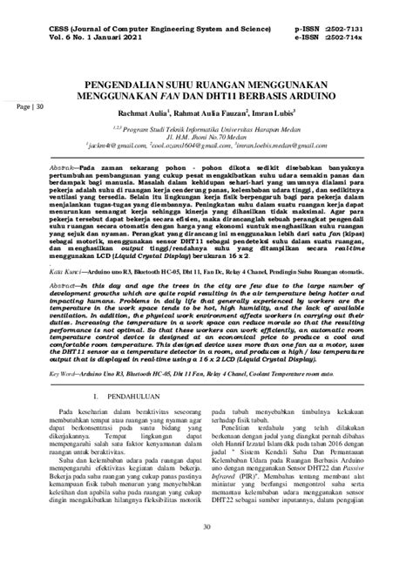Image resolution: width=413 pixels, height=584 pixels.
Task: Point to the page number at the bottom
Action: pos(206,550)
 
